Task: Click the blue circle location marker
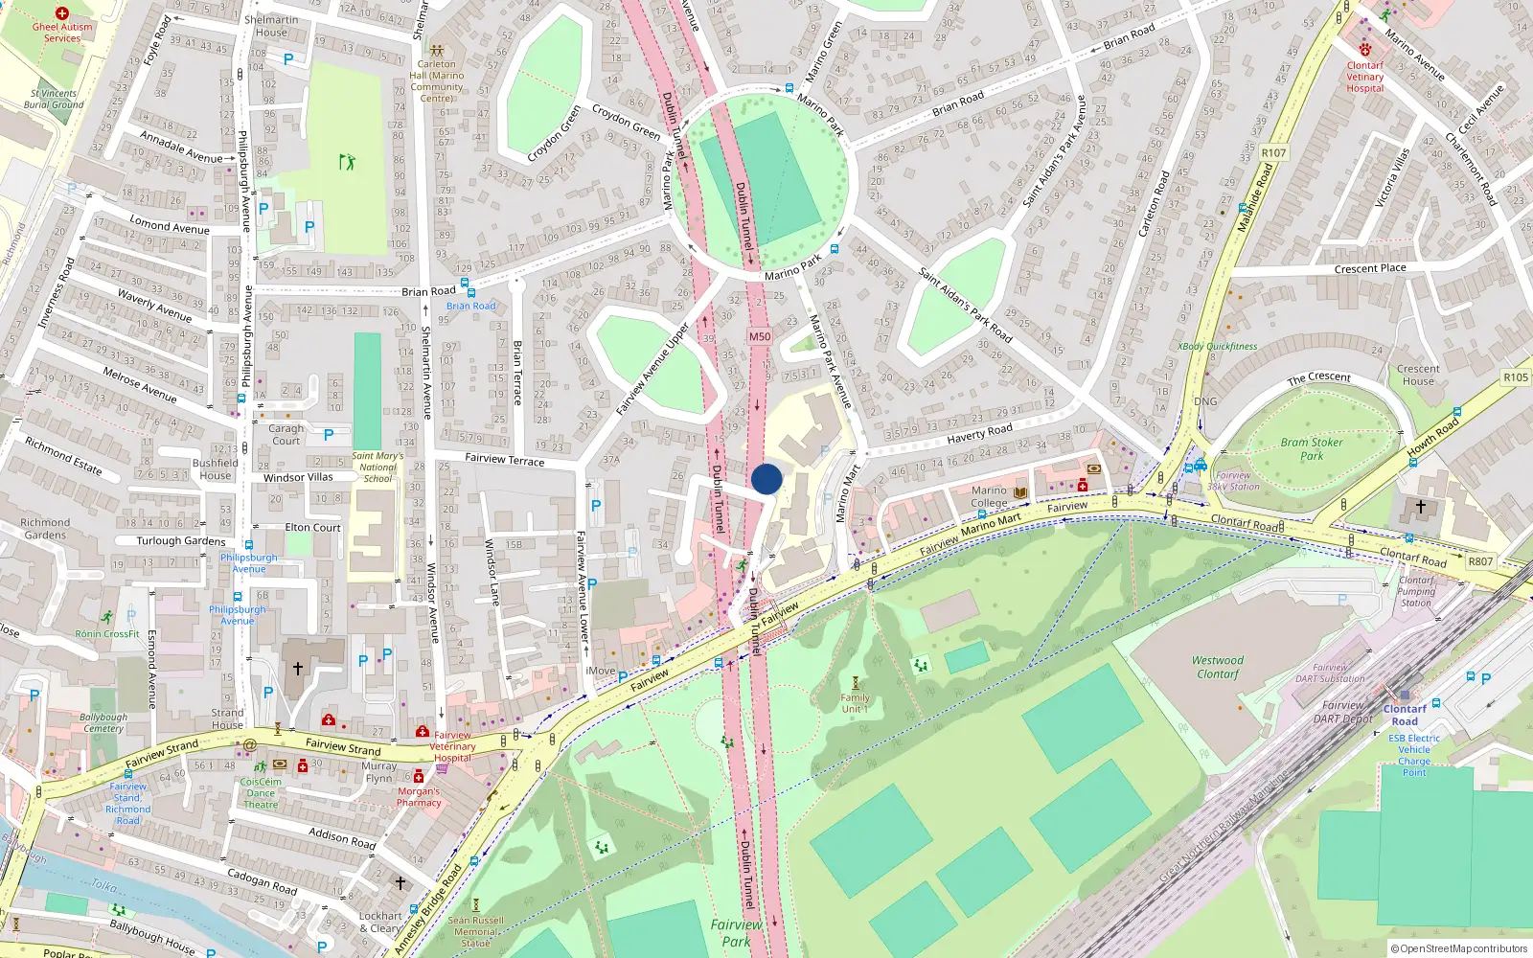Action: coord(766,479)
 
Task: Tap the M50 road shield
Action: coord(760,336)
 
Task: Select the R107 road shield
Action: coord(1273,153)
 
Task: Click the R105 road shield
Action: coord(1516,377)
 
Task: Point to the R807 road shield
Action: coord(1479,561)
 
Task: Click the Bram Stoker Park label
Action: coord(1312,449)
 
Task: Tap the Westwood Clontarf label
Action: coord(1217,667)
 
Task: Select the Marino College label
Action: coord(989,496)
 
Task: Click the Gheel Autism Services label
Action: coord(62,33)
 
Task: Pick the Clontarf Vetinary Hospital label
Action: coord(1364,77)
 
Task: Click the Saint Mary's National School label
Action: coord(378,468)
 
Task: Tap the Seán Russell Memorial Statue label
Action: coord(476,931)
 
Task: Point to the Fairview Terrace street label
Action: coord(504,460)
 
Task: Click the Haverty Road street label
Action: coord(979,433)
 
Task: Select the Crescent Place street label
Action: coord(1370,268)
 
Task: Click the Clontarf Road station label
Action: coord(1405,715)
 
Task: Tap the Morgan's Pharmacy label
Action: coord(419,797)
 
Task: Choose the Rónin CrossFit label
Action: coord(107,633)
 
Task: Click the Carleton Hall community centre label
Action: coord(437,80)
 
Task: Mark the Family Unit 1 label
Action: coord(855,703)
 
